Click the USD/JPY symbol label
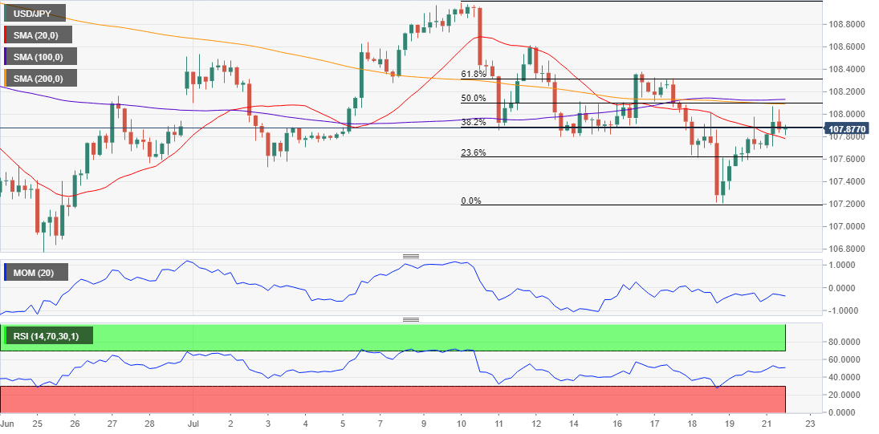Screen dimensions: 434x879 click(x=31, y=14)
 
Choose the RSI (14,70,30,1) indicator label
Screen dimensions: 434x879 click(x=50, y=335)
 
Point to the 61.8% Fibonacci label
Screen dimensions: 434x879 click(x=473, y=74)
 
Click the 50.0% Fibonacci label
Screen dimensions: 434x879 click(x=473, y=98)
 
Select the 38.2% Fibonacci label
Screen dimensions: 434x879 click(x=473, y=122)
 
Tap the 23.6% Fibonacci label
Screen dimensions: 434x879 click(x=473, y=152)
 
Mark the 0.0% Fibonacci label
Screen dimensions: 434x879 click(x=471, y=201)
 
